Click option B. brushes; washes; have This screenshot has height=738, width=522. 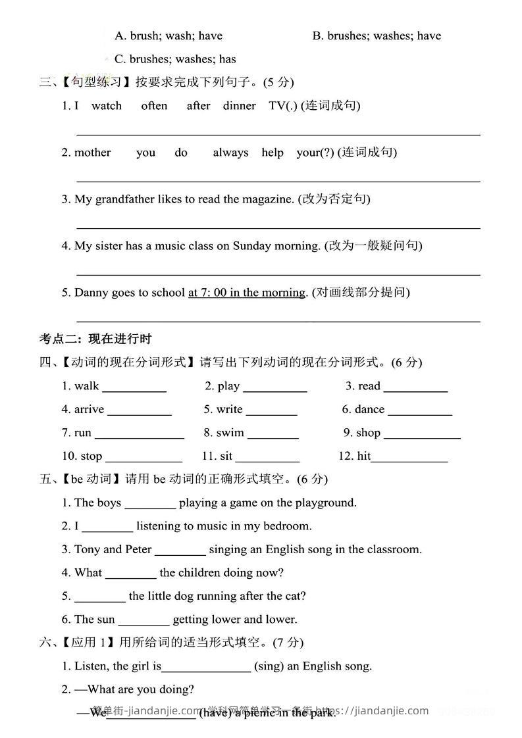pyautogui.click(x=377, y=36)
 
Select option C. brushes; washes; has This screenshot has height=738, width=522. pyautogui.click(x=175, y=59)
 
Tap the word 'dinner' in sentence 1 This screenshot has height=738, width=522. pyautogui.click(x=239, y=105)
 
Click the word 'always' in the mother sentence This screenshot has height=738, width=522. pyautogui.click(x=230, y=153)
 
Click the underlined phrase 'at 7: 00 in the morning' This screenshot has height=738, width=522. pyautogui.click(x=247, y=292)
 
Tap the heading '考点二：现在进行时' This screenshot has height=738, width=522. pyautogui.click(x=95, y=339)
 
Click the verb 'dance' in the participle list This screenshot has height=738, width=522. pyautogui.click(x=369, y=409)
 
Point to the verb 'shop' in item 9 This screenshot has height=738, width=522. pyautogui.click(x=368, y=432)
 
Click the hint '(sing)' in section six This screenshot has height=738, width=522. pyautogui.click(x=269, y=666)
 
